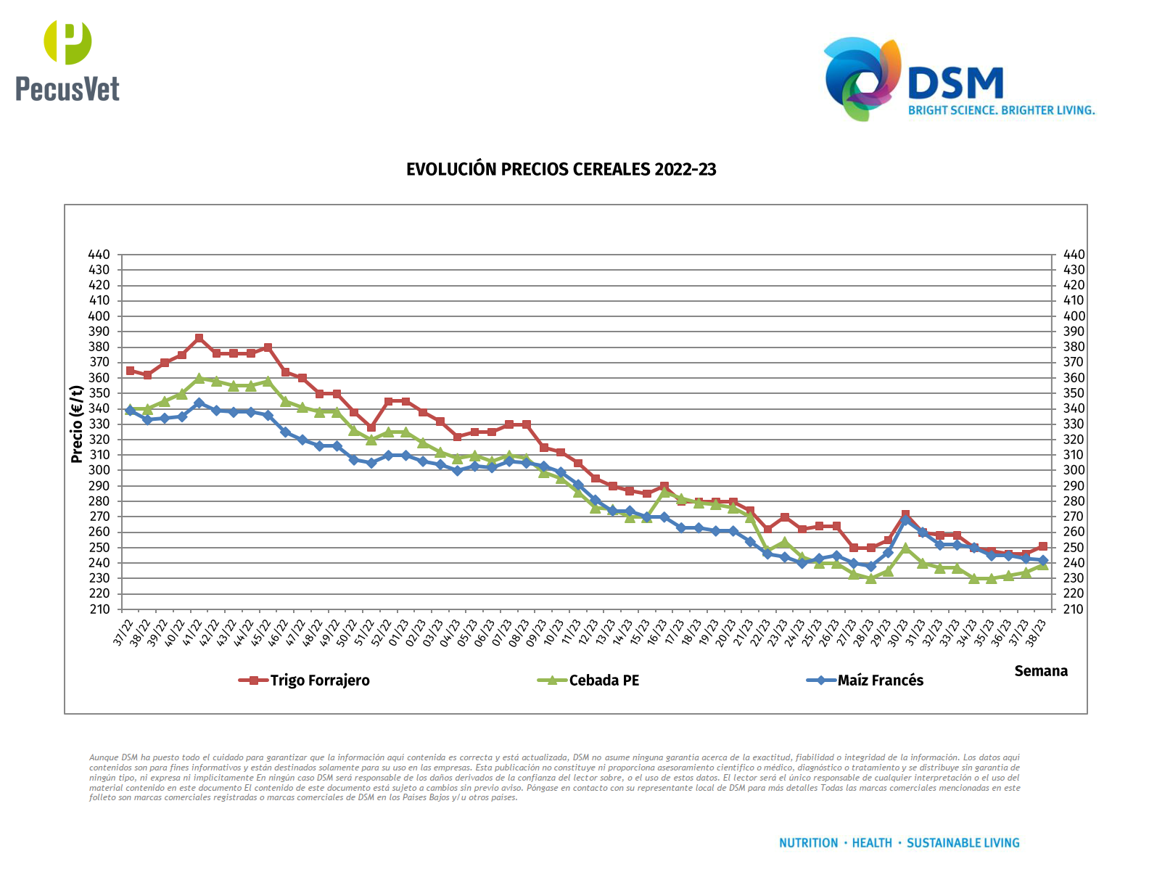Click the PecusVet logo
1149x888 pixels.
click(67, 61)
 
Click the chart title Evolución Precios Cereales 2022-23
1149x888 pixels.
click(561, 170)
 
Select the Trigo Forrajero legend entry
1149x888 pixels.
click(319, 681)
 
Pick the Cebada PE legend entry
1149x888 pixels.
click(604, 681)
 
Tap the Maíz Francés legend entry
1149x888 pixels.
click(880, 681)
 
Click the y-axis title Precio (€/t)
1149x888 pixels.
click(77, 424)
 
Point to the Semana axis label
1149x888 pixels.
click(1040, 671)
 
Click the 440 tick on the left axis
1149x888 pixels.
click(99, 255)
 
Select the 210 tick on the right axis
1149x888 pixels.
click(1074, 609)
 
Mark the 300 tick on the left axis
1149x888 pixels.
click(99, 470)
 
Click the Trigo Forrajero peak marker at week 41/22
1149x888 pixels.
click(199, 338)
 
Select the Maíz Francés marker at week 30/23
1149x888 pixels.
click(905, 520)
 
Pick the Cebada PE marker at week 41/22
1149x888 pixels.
click(199, 379)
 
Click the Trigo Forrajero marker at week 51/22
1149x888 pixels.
click(371, 427)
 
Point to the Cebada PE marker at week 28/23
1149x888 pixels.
click(870, 578)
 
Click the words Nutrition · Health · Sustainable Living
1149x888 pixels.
click(899, 843)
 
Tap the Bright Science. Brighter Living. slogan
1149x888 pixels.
click(1001, 110)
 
